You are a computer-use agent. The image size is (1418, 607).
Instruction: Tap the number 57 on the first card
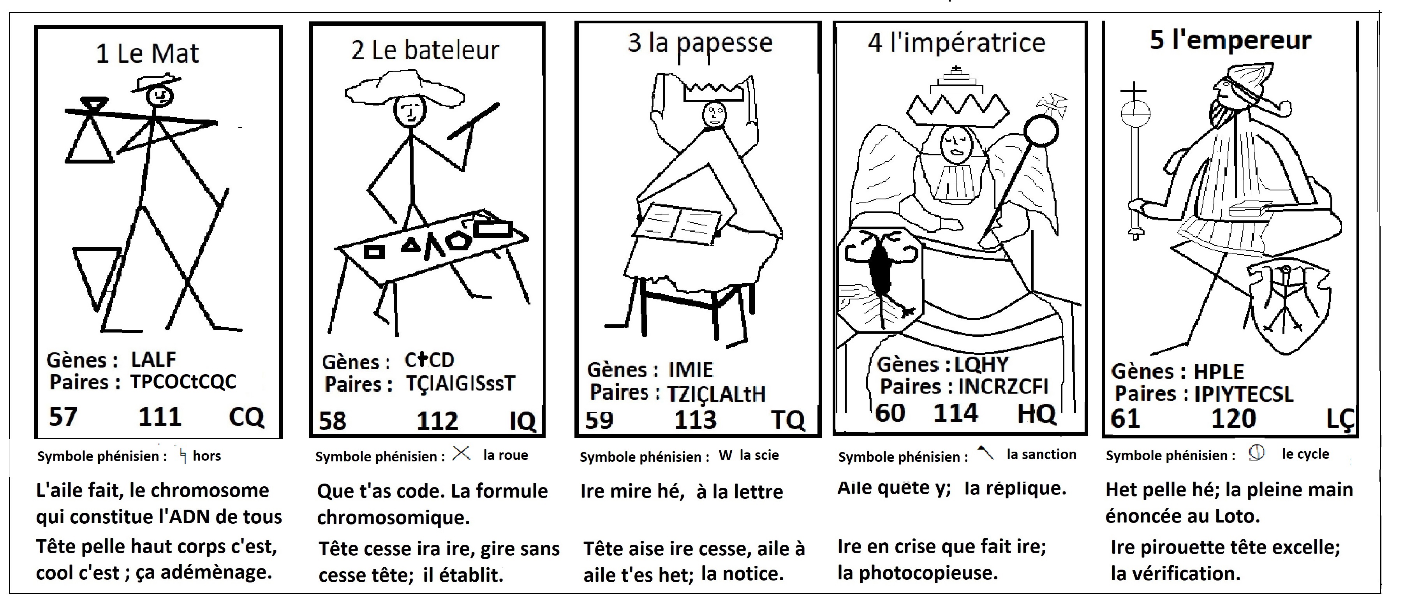[x=63, y=417]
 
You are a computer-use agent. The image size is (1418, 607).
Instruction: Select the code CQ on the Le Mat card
[x=246, y=417]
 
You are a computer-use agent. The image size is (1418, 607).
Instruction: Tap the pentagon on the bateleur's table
[x=458, y=241]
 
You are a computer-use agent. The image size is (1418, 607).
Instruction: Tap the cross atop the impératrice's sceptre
[x=1052, y=105]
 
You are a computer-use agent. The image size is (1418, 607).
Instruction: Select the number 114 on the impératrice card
[x=956, y=413]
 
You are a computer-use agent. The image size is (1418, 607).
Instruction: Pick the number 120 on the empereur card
[x=1234, y=419]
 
